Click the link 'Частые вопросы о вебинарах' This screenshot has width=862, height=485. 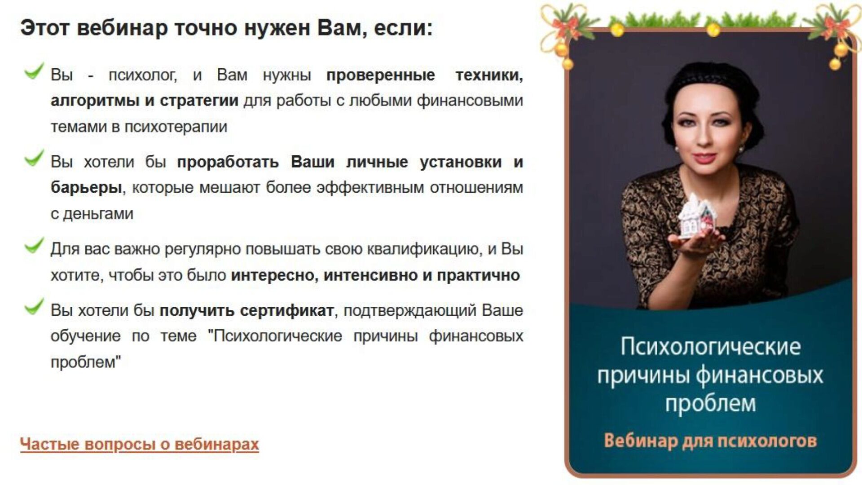pos(140,444)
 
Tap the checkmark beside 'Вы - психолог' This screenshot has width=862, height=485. pos(34,71)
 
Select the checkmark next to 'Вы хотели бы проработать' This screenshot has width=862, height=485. pos(34,158)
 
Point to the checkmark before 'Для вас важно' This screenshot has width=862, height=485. pos(34,245)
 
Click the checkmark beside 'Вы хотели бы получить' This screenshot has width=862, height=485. pos(34,306)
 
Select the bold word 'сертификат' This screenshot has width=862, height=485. pos(286,310)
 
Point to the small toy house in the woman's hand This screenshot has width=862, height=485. pos(697,216)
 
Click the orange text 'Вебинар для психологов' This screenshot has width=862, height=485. pos(710,441)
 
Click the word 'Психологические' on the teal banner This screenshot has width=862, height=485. pos(710,347)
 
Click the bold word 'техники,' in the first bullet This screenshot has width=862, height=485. pos(489,75)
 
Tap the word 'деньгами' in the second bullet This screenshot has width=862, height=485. pos(98,214)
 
